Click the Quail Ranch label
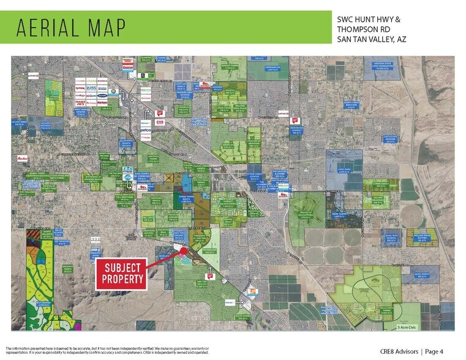426,275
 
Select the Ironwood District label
297,129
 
